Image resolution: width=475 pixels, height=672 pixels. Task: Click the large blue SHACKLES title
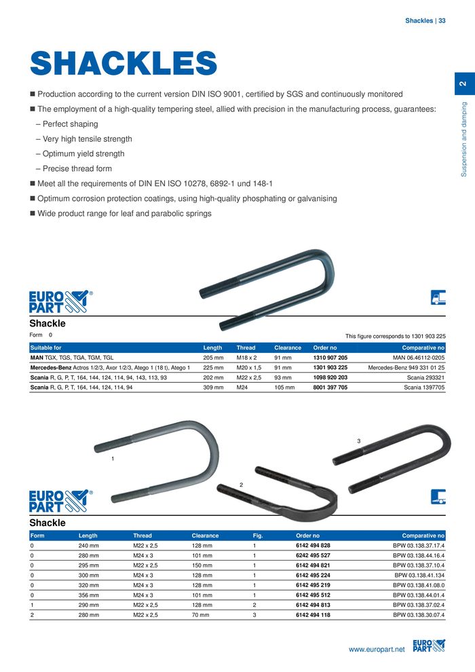pyautogui.click(x=123, y=64)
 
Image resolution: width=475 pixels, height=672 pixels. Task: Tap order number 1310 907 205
pyautogui.click(x=330, y=356)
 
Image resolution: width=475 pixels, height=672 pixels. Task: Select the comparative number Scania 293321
pyautogui.click(x=425, y=377)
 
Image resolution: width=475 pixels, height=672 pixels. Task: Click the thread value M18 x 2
pyautogui.click(x=246, y=356)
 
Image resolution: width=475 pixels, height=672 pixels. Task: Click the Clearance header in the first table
pyautogui.click(x=288, y=347)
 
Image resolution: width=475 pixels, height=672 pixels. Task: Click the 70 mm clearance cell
pyautogui.click(x=200, y=614)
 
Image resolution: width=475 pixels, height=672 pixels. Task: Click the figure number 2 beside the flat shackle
pyautogui.click(x=241, y=484)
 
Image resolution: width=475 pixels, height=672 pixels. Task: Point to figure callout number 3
pyautogui.click(x=358, y=442)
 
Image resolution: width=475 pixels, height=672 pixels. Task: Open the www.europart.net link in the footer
pyautogui.click(x=376, y=650)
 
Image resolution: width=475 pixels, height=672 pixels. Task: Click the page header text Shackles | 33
pyautogui.click(x=425, y=21)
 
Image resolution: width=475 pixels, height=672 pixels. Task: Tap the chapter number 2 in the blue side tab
pyautogui.click(x=462, y=83)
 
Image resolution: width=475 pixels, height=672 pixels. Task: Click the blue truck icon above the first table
pyautogui.click(x=438, y=297)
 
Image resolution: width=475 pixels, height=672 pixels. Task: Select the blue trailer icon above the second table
pyautogui.click(x=438, y=496)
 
